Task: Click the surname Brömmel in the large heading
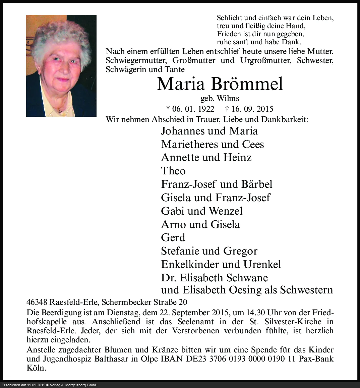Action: coord(247,84)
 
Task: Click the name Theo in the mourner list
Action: coord(173,171)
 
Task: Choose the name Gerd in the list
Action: coord(173,238)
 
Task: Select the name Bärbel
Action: coord(255,184)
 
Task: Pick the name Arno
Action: coord(174,224)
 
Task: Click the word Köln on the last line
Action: coord(36,368)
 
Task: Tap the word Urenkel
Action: coord(262,264)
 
